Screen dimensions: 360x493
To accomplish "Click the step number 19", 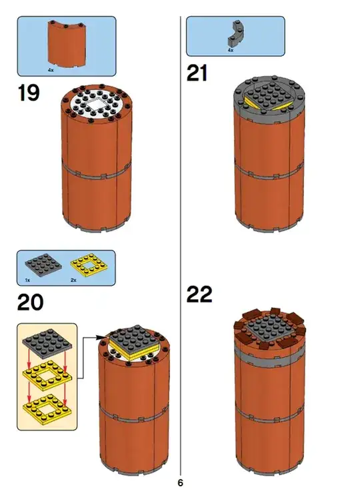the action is [29, 93].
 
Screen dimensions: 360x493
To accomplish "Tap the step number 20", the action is [30, 302].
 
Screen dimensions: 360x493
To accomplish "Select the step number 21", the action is [197, 73].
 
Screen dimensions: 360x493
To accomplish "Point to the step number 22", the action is [199, 294].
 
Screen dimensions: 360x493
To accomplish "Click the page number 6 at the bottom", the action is [180, 482].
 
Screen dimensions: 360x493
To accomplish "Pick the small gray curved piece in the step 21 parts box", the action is [236, 33].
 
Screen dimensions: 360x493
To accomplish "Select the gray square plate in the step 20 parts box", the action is [43, 265].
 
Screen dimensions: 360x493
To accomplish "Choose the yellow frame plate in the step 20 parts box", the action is [89, 264].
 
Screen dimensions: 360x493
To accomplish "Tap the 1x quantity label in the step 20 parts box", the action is [28, 280].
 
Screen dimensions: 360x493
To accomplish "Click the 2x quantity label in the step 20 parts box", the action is [73, 280].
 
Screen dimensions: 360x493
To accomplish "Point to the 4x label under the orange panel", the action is [51, 70].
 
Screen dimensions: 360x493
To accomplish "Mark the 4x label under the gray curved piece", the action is [231, 50].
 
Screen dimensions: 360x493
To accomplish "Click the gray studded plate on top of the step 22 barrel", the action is [270, 329].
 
